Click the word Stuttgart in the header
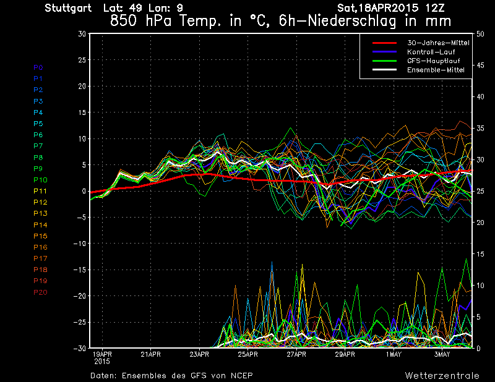point(69,8)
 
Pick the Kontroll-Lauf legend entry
point(427,52)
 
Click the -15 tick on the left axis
point(79,270)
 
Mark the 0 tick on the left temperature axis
point(84,191)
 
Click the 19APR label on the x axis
point(102,354)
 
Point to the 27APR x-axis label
point(297,354)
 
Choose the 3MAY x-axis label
point(442,354)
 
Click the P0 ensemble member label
point(38,67)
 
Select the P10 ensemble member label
point(40,180)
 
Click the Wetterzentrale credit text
point(442,375)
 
